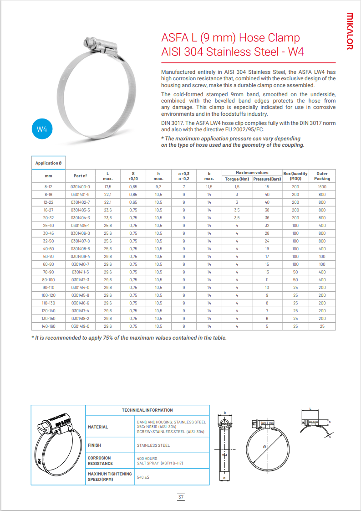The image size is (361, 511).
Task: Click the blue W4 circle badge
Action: tap(42, 129)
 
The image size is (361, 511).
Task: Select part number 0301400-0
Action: tap(81, 187)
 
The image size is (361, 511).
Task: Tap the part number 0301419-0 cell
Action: tap(81, 326)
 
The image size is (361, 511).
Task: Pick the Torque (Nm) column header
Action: tap(237, 179)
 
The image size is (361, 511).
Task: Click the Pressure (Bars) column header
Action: tap(267, 179)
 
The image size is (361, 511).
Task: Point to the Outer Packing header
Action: tap(322, 176)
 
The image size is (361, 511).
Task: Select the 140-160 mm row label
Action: tap(48, 326)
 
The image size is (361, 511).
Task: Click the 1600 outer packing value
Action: tap(322, 187)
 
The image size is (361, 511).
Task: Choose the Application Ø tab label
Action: tap(48, 163)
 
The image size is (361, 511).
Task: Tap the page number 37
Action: tap(181, 497)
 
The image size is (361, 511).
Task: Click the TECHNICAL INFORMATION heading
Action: tap(147, 410)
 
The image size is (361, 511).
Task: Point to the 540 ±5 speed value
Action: tap(143, 477)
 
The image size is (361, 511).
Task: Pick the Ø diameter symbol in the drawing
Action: tap(264, 447)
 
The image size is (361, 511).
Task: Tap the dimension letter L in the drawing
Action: tap(310, 409)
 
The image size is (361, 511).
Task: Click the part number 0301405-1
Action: tap(81, 226)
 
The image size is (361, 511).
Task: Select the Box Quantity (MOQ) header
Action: tap(295, 176)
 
